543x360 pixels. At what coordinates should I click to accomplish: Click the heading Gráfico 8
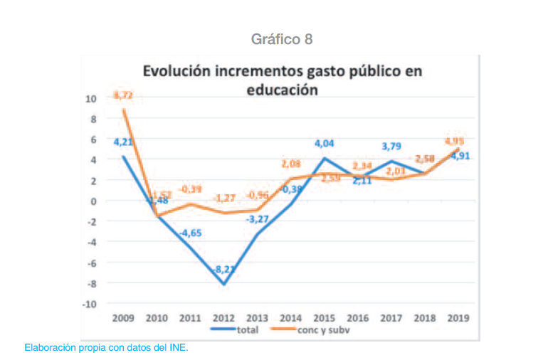[x=282, y=38]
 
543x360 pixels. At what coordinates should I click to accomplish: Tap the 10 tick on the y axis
[x=91, y=98]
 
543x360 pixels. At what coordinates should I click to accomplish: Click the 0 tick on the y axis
[x=93, y=201]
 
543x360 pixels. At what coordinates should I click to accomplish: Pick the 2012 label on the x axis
[x=224, y=318]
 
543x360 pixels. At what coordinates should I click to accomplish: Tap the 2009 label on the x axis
[x=124, y=318]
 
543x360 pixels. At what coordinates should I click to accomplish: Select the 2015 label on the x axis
[x=325, y=318]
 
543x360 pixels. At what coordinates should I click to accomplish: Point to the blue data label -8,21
[x=225, y=270]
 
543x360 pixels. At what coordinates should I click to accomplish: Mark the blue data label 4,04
[x=325, y=142]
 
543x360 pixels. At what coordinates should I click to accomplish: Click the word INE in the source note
[x=177, y=348]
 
